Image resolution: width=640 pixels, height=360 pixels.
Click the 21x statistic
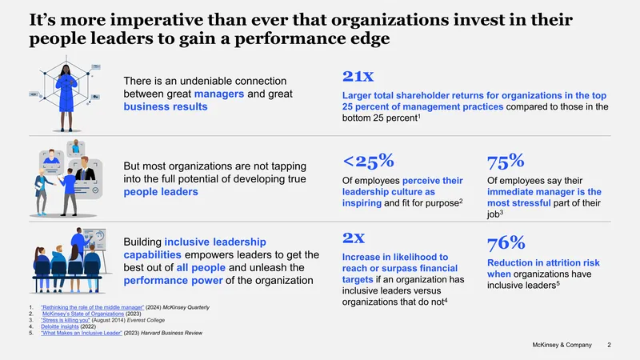(x=358, y=76)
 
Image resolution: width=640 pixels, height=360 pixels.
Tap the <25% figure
(x=368, y=162)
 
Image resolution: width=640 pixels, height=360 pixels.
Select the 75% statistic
(x=506, y=162)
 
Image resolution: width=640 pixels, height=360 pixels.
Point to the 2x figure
(x=354, y=238)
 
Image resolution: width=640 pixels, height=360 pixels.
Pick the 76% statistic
(x=506, y=243)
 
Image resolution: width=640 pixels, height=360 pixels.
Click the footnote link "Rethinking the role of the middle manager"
(x=92, y=307)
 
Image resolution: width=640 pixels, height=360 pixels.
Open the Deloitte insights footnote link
(x=59, y=326)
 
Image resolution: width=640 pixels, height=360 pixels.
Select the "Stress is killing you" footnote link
(x=66, y=321)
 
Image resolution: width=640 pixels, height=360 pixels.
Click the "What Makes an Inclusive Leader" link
(x=82, y=333)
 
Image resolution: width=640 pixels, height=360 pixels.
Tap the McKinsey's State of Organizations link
(x=83, y=314)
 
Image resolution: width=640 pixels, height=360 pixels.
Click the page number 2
(x=609, y=345)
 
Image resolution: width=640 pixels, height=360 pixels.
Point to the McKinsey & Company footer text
(x=562, y=345)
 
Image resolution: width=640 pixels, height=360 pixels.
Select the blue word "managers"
(x=219, y=94)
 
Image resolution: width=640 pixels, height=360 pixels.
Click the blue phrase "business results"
(x=166, y=106)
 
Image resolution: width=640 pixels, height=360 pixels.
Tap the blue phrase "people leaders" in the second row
(x=161, y=192)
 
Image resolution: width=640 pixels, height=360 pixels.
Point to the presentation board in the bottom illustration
(x=94, y=239)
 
